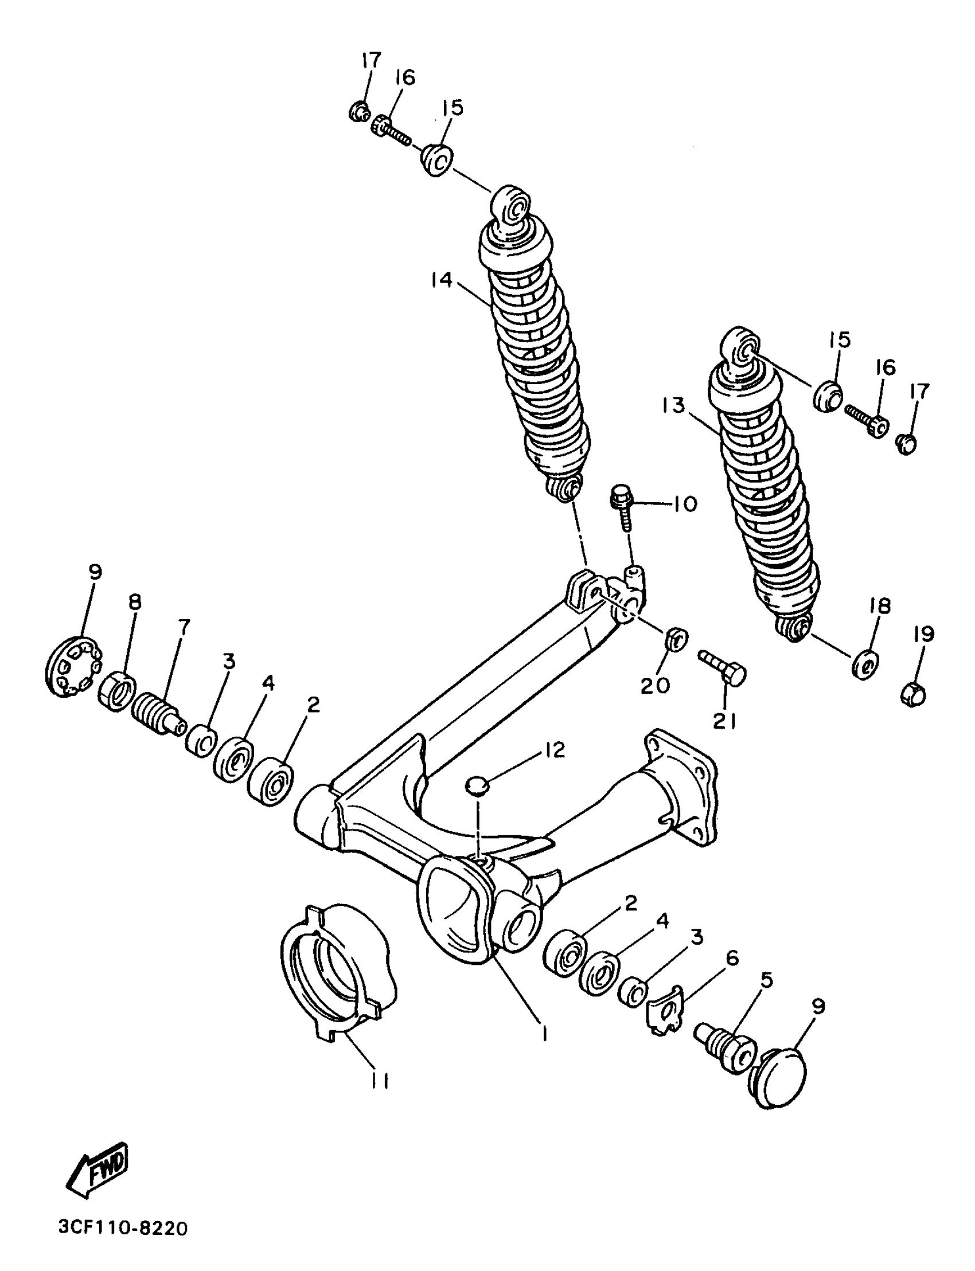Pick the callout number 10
click(x=685, y=504)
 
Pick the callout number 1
click(x=544, y=1033)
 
